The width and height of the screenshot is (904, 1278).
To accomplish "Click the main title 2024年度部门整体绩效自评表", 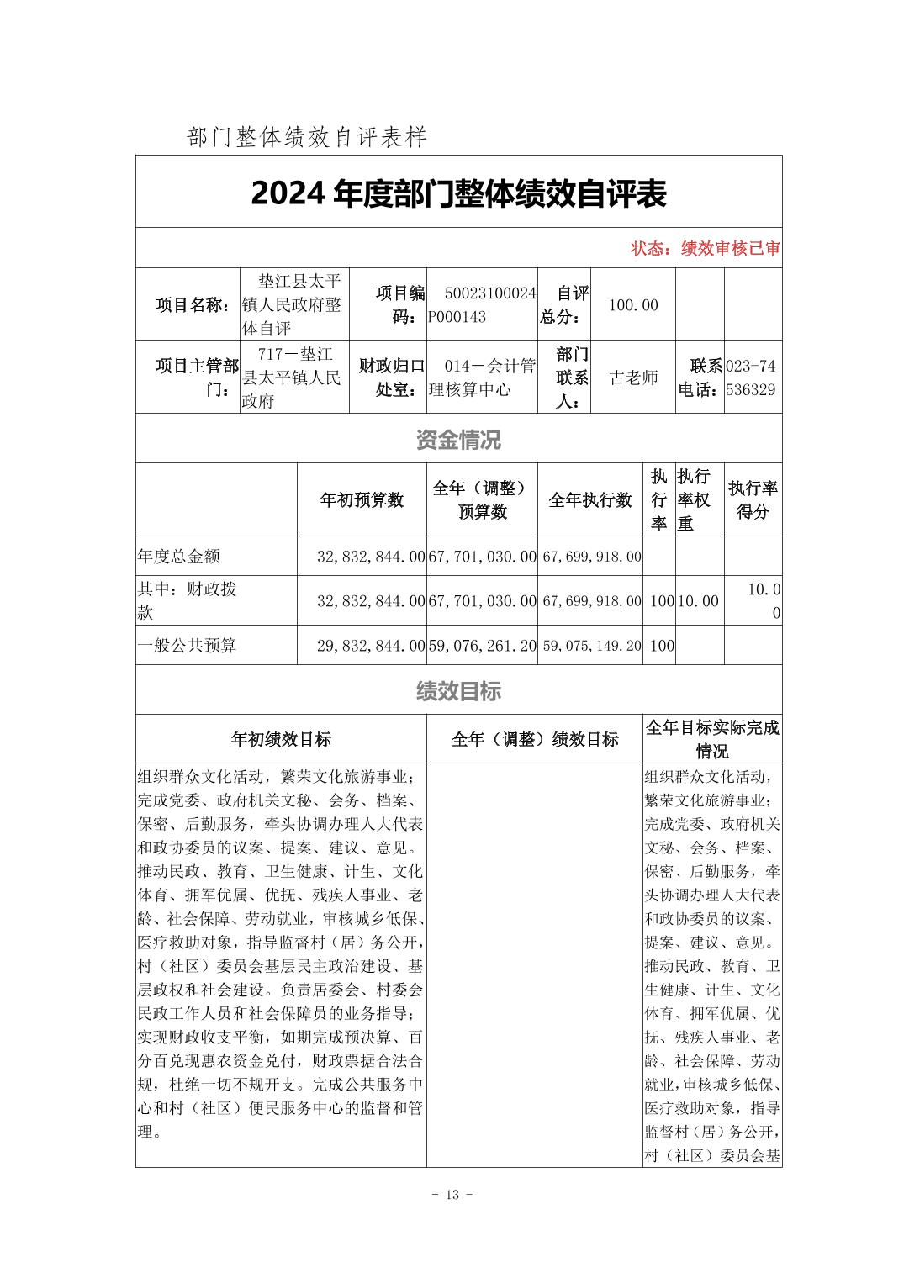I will (x=458, y=194).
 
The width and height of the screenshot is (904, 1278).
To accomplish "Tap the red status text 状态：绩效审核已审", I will (x=706, y=249).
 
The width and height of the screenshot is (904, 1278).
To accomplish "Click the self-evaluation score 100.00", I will (x=632, y=305).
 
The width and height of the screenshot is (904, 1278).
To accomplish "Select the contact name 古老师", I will (x=633, y=378).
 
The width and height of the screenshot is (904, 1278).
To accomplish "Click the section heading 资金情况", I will (x=458, y=439).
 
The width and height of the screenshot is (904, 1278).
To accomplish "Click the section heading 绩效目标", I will (x=458, y=691).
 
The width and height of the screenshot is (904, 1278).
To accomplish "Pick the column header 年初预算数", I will (x=362, y=500).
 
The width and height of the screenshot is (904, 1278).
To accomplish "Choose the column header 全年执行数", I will (x=590, y=500).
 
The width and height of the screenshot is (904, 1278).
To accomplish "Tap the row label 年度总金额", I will (x=178, y=557).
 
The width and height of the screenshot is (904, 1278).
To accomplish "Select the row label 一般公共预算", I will (x=187, y=646).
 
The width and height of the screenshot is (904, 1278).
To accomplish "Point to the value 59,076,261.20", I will (x=482, y=646).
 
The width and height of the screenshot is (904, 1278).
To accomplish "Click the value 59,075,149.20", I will (x=591, y=646).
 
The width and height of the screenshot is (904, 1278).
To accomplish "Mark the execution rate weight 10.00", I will (x=700, y=601).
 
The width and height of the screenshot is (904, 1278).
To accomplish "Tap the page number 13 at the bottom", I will (x=452, y=1195).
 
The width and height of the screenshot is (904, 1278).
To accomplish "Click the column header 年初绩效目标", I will (x=281, y=739).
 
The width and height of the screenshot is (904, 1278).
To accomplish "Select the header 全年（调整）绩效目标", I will (x=535, y=739).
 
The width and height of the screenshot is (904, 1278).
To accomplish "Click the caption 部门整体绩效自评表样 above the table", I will (x=308, y=137).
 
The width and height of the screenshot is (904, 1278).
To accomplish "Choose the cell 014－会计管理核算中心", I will (x=482, y=378).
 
